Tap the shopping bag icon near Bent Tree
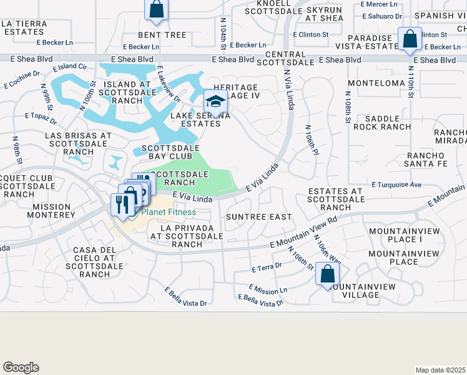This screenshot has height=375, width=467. [x=157, y=9]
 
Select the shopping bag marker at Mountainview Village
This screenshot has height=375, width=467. [x=328, y=274]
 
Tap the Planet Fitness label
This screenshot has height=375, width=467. [x=168, y=212]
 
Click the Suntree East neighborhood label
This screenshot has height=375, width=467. [x=258, y=217]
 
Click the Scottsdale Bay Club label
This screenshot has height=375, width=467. [x=170, y=152]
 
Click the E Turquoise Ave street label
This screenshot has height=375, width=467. [x=396, y=185]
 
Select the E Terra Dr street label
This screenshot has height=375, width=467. [x=267, y=267]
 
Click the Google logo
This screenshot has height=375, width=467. [x=21, y=367]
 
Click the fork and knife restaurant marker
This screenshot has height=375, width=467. [x=120, y=203]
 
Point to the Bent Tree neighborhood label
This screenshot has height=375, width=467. [x=162, y=35]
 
